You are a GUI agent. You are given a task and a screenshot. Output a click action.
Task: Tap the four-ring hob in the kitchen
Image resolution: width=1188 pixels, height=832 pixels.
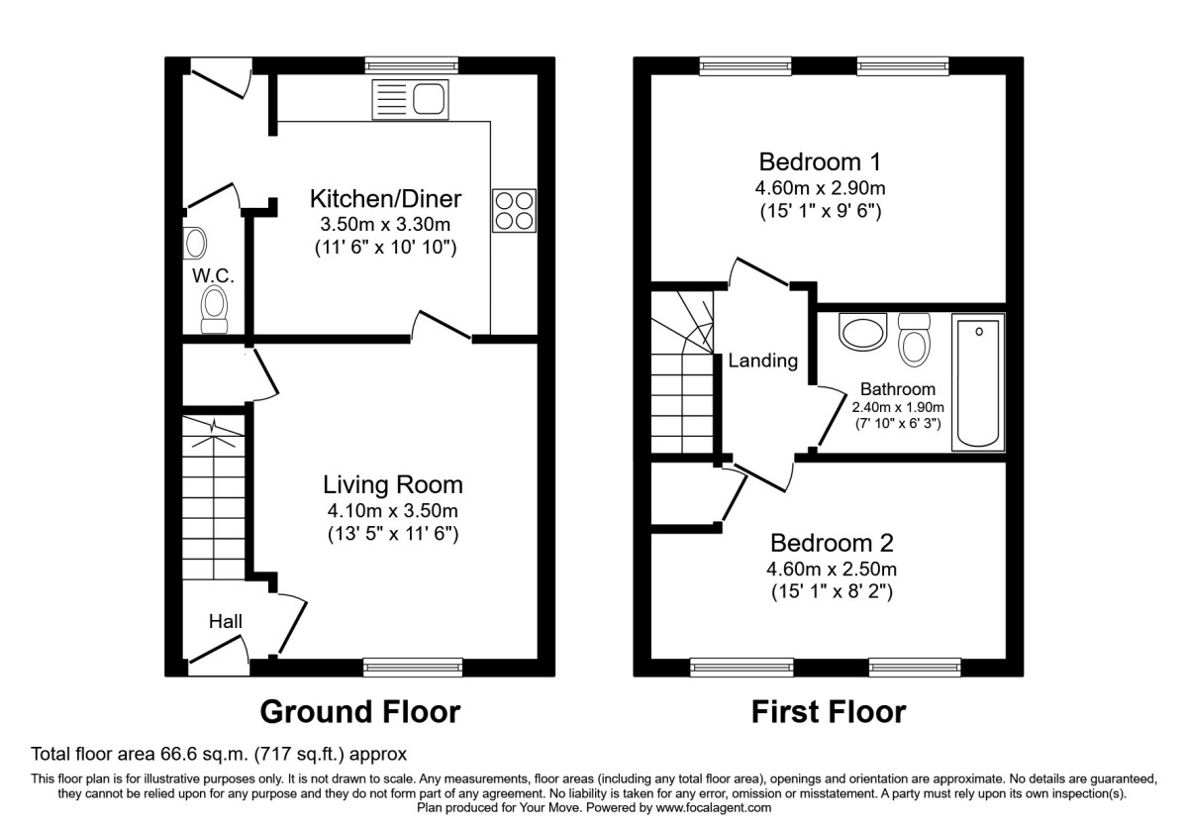coord(513,210)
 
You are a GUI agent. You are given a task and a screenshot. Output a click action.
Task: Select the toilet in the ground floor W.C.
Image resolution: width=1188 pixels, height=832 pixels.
coord(214,309)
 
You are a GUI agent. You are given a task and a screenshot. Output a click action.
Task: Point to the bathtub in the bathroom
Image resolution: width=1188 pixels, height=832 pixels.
coord(977,382)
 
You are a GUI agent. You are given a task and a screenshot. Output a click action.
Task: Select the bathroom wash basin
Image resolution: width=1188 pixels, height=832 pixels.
coord(862,332)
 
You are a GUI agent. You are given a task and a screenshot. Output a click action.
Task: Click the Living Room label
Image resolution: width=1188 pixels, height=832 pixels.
coord(393,485)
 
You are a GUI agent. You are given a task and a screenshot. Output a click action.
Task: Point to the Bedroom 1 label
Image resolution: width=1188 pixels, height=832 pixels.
coord(820,161)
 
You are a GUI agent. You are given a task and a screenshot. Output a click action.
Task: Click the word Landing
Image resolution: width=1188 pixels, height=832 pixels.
coord(762,361)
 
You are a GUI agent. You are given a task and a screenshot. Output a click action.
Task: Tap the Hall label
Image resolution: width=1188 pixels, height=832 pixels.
coord(225,622)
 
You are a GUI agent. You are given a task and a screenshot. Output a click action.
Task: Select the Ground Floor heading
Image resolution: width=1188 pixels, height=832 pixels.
coord(359,711)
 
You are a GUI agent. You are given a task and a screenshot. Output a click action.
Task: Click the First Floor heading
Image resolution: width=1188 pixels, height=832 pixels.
coord(828,711)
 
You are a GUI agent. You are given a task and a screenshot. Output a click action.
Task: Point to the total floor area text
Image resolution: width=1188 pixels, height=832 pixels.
coord(218,754)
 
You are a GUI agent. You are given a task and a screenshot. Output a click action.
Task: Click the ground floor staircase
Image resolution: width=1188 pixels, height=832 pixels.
coord(213,495)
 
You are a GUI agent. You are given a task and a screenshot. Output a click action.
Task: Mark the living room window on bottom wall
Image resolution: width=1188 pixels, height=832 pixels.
coord(412,667)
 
